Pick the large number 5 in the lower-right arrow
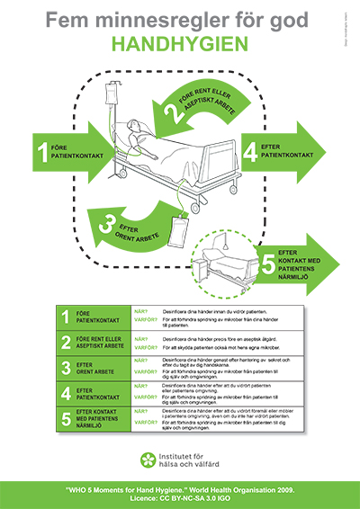click(267, 266)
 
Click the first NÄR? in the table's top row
click(140, 311)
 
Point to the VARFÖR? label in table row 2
click(143, 347)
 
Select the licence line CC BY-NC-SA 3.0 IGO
click(180, 497)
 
